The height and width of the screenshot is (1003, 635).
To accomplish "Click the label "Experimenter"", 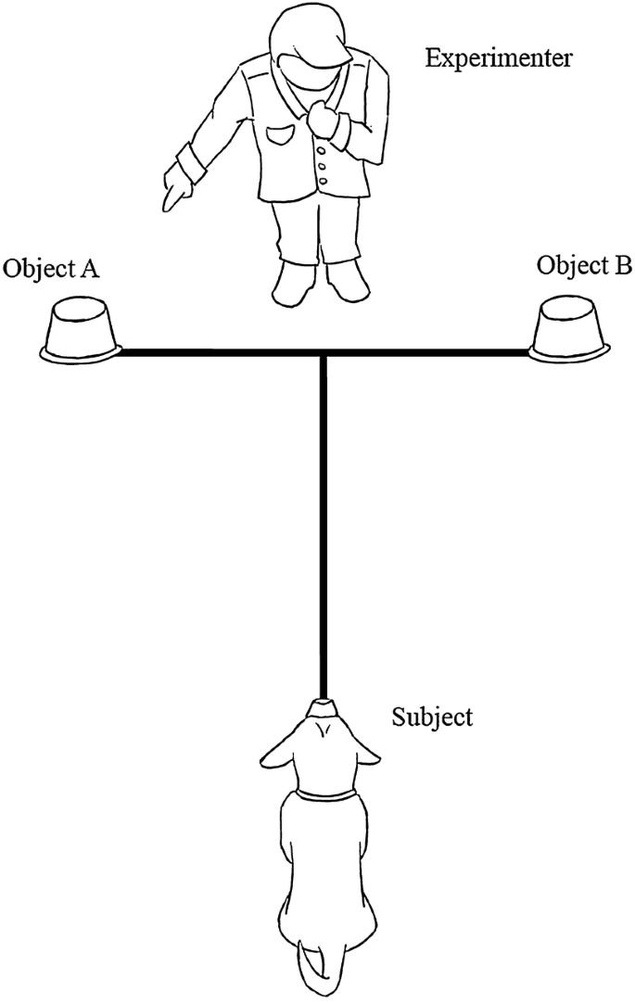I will (500, 59).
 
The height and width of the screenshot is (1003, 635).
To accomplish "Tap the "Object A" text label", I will (51, 269).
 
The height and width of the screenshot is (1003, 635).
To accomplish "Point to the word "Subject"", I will (433, 717).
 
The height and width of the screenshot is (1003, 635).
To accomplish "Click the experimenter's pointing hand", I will (176, 189).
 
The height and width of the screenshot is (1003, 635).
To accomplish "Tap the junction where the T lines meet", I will (323, 353).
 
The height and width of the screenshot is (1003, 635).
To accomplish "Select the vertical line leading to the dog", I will (323, 528).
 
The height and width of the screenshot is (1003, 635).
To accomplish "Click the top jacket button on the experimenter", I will (321, 149).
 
